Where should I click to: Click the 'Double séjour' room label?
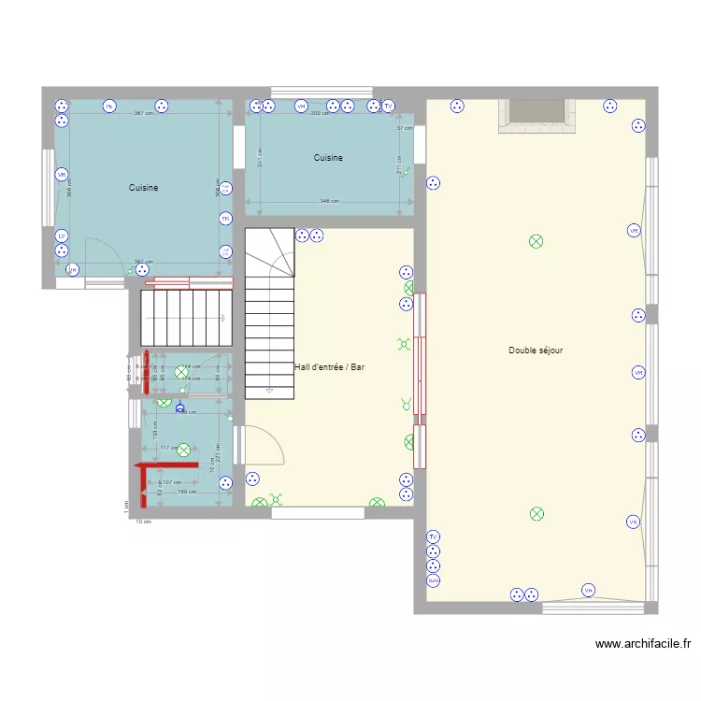[535, 350]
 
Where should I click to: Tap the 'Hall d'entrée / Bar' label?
[329, 367]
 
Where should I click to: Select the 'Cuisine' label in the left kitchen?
[143, 188]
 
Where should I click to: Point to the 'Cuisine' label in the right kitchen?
[328, 158]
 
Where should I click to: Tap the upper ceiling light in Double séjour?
[536, 241]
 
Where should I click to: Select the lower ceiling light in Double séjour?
[536, 513]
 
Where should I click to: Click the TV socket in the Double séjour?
[434, 536]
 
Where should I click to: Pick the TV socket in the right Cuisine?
[388, 107]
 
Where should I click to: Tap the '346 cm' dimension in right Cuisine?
[329, 201]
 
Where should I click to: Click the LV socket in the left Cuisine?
[62, 236]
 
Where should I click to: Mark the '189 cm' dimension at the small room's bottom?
[184, 491]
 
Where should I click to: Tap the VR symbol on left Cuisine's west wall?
[62, 175]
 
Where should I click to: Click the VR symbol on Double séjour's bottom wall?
[588, 590]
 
